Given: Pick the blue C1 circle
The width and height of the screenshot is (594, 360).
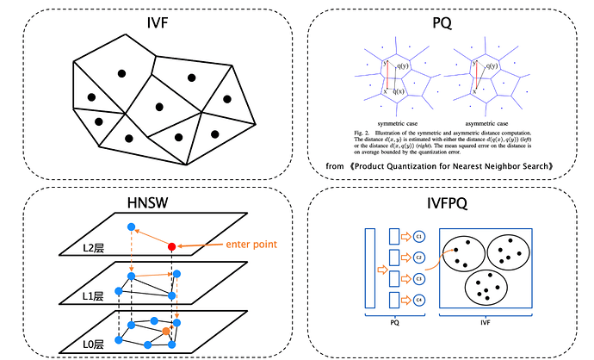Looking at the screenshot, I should [418, 236].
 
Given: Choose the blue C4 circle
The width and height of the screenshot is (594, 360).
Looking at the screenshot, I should [418, 300].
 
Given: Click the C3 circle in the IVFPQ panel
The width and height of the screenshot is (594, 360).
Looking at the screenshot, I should [418, 278].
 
